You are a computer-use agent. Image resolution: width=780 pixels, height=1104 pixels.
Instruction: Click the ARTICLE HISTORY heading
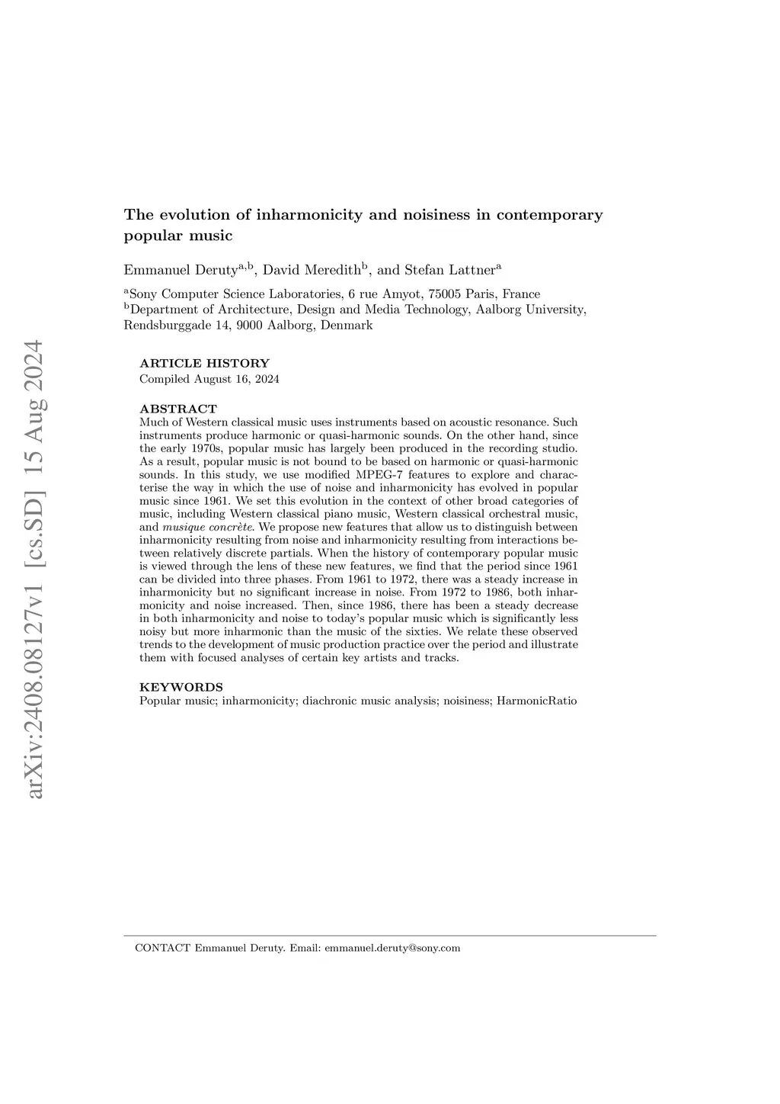(x=204, y=364)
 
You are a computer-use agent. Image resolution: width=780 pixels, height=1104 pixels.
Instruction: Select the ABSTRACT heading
(x=178, y=409)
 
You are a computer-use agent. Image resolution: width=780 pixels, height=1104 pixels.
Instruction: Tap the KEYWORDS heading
(x=181, y=687)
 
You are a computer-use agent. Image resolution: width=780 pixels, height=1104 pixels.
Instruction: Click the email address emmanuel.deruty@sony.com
(x=392, y=948)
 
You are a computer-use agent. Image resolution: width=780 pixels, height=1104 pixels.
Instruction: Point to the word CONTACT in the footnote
(x=161, y=948)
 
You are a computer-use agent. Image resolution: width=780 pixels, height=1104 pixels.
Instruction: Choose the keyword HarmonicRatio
(x=536, y=700)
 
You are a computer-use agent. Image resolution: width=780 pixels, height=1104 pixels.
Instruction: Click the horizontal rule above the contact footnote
(x=389, y=936)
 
